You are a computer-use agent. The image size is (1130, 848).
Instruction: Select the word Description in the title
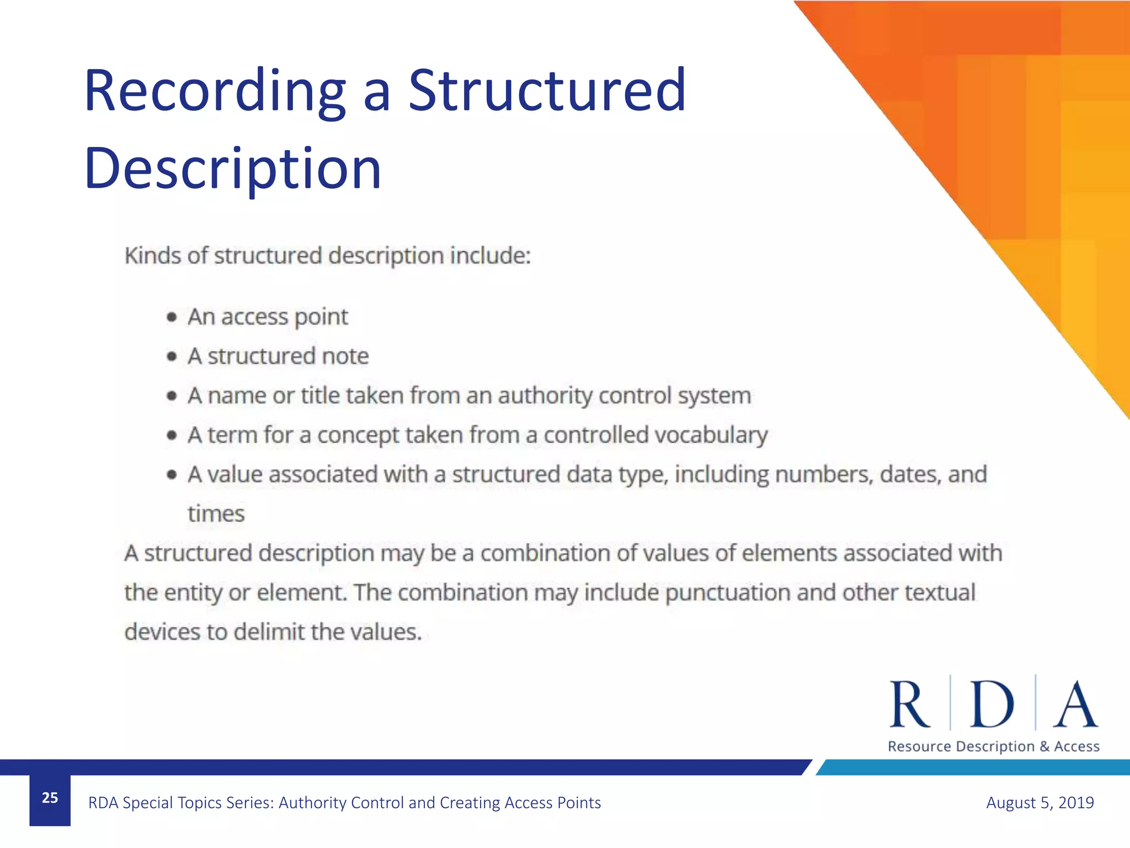(232, 169)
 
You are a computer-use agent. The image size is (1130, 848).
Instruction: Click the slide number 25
(50, 798)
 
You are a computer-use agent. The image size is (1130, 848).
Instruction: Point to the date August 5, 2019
(1040, 802)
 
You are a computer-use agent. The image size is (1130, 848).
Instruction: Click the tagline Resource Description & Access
(993, 746)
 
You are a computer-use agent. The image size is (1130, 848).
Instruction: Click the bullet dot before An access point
(172, 317)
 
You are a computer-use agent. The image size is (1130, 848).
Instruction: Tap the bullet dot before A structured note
(172, 357)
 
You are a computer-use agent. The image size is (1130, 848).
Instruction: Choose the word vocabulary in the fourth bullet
(711, 436)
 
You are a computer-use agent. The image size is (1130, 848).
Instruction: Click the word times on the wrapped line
(216, 514)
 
